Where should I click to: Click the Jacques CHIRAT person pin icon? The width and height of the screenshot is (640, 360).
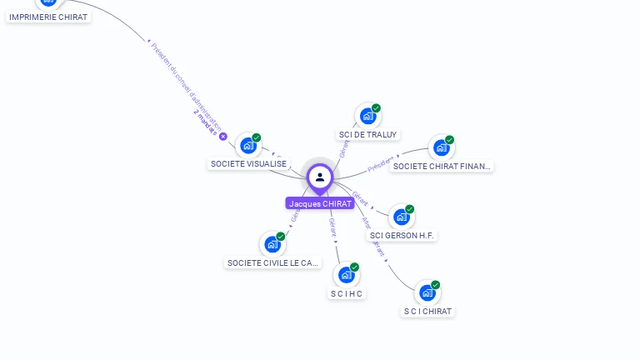[320, 177]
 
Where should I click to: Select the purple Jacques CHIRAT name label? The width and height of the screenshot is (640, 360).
[320, 203]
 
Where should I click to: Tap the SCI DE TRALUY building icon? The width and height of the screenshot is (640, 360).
[367, 117]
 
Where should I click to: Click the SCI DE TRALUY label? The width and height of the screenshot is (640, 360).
[368, 134]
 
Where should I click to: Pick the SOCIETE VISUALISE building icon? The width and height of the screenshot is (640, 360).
[247, 146]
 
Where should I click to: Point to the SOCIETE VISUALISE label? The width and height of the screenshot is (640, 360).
[248, 164]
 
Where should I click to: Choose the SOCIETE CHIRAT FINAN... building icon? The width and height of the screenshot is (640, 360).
[441, 148]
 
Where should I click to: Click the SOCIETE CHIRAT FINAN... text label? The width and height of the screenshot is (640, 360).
[442, 166]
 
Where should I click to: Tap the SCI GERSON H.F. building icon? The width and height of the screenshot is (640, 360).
[401, 217]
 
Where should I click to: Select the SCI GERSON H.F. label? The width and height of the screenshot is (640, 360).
[402, 235]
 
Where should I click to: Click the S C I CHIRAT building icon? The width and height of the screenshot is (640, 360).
[427, 293]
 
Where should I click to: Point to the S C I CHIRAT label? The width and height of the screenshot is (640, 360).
[427, 311]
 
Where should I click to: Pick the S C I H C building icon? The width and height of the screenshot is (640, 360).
[347, 275]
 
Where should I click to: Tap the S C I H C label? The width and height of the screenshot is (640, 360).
[347, 293]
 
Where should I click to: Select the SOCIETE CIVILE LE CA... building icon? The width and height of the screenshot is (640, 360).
[272, 245]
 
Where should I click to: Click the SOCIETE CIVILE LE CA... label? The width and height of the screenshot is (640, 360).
[273, 262]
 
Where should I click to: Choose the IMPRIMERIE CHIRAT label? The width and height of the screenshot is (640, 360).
[48, 17]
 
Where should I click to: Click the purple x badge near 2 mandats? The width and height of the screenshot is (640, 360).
[223, 136]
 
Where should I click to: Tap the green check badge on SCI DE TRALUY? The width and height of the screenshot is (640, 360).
[376, 108]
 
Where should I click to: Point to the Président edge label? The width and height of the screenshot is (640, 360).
[380, 163]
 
